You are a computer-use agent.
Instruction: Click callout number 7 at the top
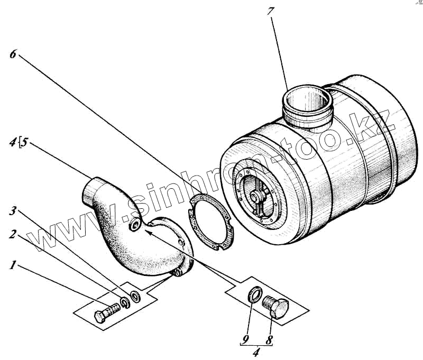click(x=270, y=11)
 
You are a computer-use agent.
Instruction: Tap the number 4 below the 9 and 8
click(x=258, y=350)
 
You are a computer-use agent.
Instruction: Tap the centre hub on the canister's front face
click(x=259, y=197)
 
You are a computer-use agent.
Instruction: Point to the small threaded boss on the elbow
click(x=135, y=226)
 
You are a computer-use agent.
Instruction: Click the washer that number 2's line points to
click(x=125, y=302)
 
